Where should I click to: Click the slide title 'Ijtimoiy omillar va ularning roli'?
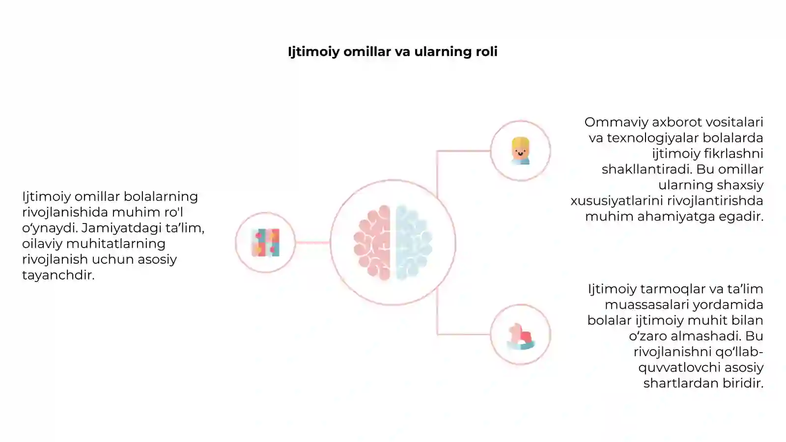click(393, 52)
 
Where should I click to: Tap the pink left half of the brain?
click(372, 243)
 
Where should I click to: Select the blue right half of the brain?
click(414, 243)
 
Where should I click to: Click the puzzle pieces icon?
click(266, 243)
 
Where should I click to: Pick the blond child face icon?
click(520, 151)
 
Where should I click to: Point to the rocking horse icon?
click(521, 336)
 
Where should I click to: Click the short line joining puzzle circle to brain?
click(312, 243)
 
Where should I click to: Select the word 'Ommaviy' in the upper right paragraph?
click(616, 122)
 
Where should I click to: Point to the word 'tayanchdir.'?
click(58, 275)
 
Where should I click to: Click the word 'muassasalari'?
click(644, 304)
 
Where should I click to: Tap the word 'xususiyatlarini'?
click(617, 201)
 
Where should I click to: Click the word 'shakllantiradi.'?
click(646, 169)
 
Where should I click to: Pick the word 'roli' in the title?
click(487, 52)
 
